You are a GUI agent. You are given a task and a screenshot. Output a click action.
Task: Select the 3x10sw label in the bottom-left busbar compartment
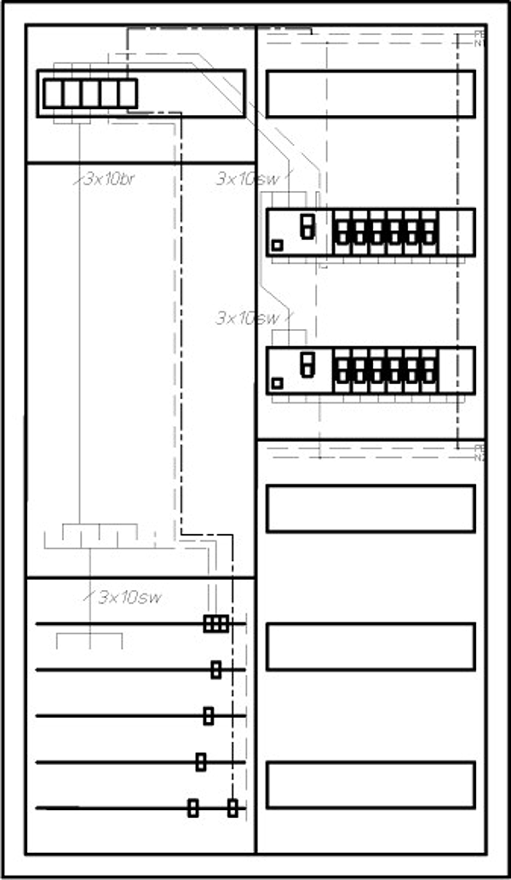pyautogui.click(x=129, y=597)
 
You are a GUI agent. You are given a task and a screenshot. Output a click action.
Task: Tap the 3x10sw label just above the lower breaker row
pyautogui.click(x=247, y=318)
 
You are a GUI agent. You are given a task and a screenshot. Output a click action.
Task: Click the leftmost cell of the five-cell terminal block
pyautogui.click(x=53, y=93)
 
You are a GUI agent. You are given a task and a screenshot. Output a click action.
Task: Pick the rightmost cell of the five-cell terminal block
pyautogui.click(x=128, y=93)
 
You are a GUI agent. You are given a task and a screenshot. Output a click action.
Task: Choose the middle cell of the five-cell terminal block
pyautogui.click(x=90, y=93)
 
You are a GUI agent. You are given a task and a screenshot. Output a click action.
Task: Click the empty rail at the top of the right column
pyautogui.click(x=370, y=94)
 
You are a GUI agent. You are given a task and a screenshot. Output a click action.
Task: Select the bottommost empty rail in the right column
pyautogui.click(x=370, y=785)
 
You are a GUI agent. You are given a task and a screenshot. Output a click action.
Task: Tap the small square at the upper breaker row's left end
pyautogui.click(x=277, y=246)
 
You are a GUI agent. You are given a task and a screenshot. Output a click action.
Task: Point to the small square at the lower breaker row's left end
pyautogui.click(x=277, y=383)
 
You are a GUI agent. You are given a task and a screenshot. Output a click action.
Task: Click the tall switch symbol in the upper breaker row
pyautogui.click(x=307, y=226)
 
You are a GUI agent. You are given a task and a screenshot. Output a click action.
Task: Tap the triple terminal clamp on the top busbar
pyautogui.click(x=216, y=624)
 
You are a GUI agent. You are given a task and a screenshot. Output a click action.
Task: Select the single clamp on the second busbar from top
pyautogui.click(x=216, y=670)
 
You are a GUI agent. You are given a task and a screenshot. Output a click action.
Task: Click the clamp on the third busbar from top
pyautogui.click(x=209, y=716)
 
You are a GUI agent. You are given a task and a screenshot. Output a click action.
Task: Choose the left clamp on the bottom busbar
pyautogui.click(x=193, y=808)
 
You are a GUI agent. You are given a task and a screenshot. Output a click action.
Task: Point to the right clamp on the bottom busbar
pyautogui.click(x=233, y=808)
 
